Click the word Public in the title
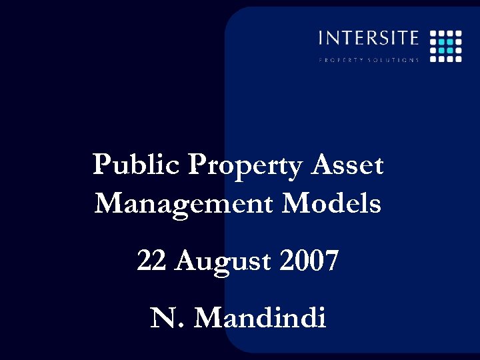137,165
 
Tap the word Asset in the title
348,165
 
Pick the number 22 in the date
152,261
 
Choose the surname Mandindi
260,319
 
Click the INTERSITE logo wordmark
369,38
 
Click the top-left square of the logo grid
433,33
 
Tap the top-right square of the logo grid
459,33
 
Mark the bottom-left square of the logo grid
433,59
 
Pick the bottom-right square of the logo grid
459,59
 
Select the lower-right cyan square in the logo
450,50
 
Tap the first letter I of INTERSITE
321,38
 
